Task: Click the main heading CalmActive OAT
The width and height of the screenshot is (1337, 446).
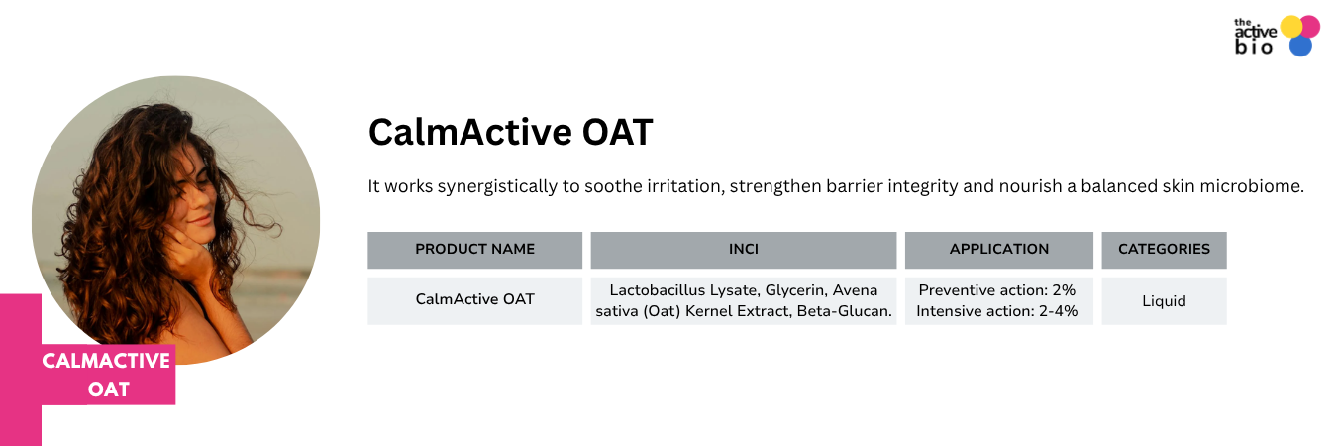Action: pyautogui.click(x=510, y=132)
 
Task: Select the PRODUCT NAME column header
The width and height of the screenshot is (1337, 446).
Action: pyautogui.click(x=474, y=250)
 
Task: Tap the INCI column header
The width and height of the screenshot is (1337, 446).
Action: pyautogui.click(x=744, y=250)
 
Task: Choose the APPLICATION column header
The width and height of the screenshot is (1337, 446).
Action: pyautogui.click(x=999, y=250)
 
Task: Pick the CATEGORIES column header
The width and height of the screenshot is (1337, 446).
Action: pyautogui.click(x=1164, y=250)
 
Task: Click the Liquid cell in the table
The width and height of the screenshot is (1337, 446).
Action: pyautogui.click(x=1164, y=301)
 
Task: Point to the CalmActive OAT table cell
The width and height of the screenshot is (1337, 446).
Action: pyautogui.click(x=474, y=299)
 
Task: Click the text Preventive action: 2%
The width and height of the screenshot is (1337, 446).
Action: pyautogui.click(x=996, y=290)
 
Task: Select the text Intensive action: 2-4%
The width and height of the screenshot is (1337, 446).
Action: pyautogui.click(x=996, y=311)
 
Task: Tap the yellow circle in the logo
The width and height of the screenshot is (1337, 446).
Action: pyautogui.click(x=1291, y=27)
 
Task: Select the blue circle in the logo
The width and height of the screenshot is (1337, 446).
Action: pyautogui.click(x=1300, y=46)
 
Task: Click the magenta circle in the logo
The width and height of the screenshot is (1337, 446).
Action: pyautogui.click(x=1310, y=27)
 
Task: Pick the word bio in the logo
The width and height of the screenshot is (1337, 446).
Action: pyautogui.click(x=1254, y=47)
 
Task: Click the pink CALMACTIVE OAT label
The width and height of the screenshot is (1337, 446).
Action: pyautogui.click(x=106, y=375)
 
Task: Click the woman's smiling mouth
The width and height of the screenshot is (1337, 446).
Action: pyautogui.click(x=200, y=220)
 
